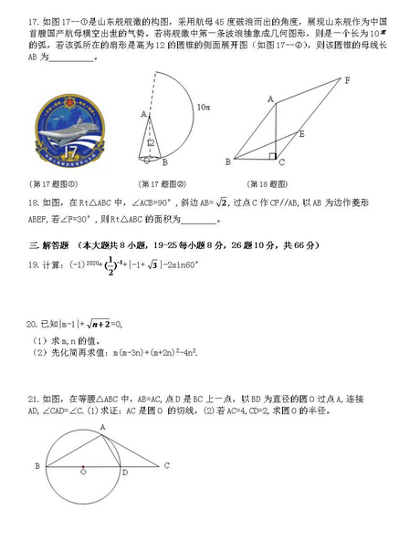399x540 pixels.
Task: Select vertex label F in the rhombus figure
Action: [x=347, y=81]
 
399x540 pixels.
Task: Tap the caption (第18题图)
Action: [x=273, y=182]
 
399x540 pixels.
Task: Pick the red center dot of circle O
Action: [x=83, y=472]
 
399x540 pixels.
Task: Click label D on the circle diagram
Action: [x=124, y=472]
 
